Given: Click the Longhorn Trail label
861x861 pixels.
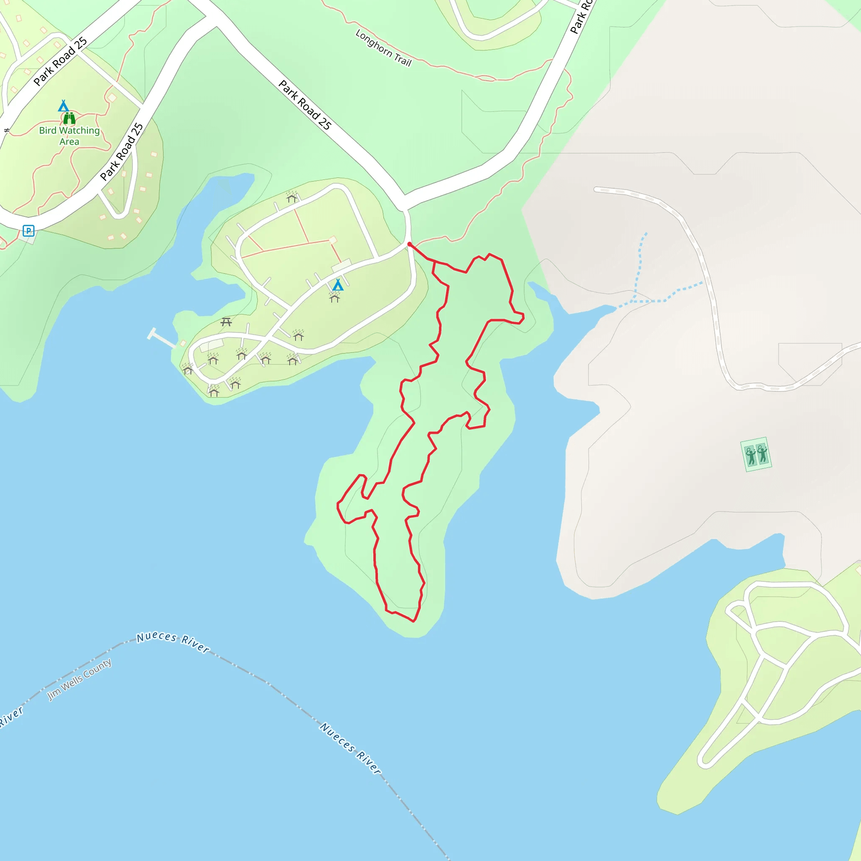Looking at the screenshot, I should tap(383, 48).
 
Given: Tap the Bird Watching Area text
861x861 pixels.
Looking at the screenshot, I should tap(69, 136).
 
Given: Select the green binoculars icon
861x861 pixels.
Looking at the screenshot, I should tap(69, 118).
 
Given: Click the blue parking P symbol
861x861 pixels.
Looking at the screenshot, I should tap(29, 231).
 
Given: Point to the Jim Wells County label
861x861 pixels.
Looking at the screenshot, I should tap(79, 679).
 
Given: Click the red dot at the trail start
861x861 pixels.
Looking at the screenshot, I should tap(409, 244).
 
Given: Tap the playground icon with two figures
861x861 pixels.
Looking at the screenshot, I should tap(756, 454).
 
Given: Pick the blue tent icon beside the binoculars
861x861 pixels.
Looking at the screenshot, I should tap(63, 106).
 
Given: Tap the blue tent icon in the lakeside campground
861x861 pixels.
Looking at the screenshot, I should tap(338, 284).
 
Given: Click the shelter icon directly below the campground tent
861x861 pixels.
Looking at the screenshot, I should tap(335, 297).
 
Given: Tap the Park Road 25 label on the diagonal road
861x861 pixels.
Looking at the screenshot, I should tap(305, 105).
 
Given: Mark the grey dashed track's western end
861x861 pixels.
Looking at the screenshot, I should tap(596, 190).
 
